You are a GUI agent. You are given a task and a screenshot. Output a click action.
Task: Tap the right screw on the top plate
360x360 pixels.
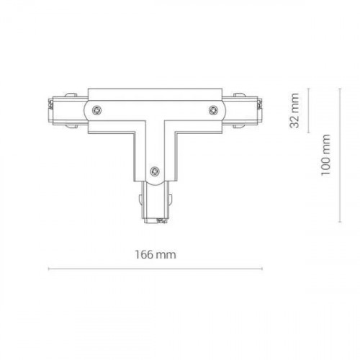(213, 109)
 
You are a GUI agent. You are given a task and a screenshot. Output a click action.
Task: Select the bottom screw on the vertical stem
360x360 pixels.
(154, 171)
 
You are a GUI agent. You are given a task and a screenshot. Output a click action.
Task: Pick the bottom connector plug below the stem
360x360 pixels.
(154, 204)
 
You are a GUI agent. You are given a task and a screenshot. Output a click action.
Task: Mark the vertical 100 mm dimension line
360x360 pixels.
(341, 155)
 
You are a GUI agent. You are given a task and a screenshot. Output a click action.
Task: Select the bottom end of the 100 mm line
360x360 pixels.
(341, 222)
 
